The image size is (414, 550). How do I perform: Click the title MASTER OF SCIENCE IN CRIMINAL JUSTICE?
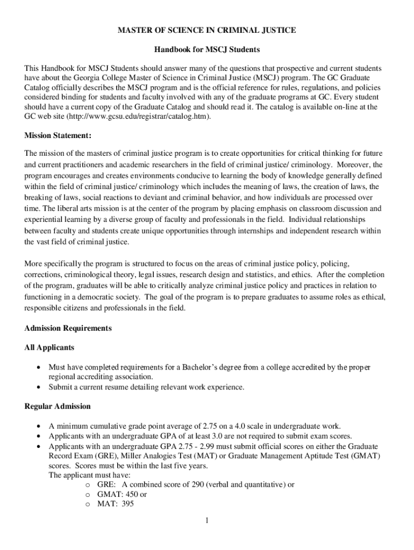(x=207, y=30)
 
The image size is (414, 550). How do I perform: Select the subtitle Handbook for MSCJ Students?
(x=207, y=49)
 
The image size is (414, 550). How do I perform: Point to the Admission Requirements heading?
(x=68, y=328)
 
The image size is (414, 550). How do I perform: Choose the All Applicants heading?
(x=49, y=348)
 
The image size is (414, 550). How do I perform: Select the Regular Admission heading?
(x=58, y=406)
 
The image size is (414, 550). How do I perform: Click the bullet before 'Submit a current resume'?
(x=38, y=387)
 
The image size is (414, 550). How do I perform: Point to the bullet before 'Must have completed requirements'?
(x=38, y=368)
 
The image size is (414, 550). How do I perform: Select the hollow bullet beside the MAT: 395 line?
(x=88, y=504)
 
